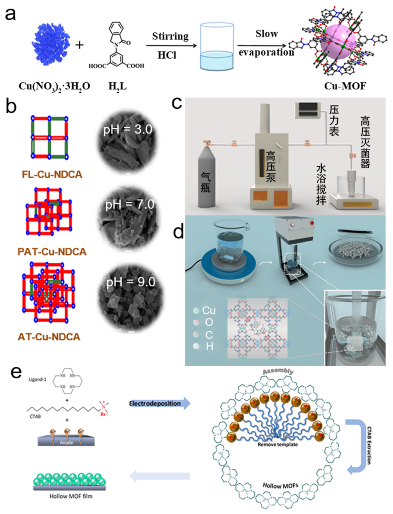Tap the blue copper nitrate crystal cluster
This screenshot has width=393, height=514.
(x=51, y=44)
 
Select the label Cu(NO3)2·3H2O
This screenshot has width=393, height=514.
(x=54, y=86)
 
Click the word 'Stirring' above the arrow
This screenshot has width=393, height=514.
(x=170, y=36)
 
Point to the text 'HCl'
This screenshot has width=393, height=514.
(x=167, y=55)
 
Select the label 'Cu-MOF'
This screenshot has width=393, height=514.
(x=345, y=86)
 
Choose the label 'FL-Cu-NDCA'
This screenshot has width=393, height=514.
(x=52, y=175)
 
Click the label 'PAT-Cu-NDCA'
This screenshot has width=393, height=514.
(x=52, y=252)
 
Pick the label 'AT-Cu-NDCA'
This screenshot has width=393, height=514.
(x=49, y=337)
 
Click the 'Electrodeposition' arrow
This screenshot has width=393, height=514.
(x=159, y=403)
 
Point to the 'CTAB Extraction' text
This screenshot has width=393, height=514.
(x=369, y=446)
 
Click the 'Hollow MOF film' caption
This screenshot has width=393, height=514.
(x=71, y=496)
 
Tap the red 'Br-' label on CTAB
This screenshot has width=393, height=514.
(x=104, y=414)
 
